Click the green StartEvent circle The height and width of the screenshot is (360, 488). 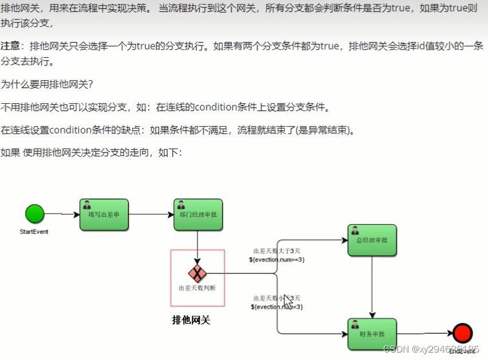pos(34,214)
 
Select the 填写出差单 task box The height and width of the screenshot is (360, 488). pos(104,214)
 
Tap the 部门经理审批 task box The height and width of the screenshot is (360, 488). pos(198,214)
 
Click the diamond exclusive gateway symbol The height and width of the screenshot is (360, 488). pos(197,273)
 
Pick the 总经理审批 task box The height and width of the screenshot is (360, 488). pos(372,240)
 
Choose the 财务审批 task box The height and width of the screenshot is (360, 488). pos(372,334)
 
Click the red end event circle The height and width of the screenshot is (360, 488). pos(462,333)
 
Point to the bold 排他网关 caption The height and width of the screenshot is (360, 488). pos(191,320)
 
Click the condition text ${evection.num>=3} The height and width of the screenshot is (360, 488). pos(277,260)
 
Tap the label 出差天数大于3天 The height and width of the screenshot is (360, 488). pos(277,251)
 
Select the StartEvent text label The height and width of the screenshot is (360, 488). pos(34,232)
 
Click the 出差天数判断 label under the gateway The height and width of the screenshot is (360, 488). pos(197,288)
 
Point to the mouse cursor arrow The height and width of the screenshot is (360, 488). pos(288,300)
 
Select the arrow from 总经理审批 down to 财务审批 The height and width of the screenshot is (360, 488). pos(372,287)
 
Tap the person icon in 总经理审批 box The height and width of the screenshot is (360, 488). pos(355,230)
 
